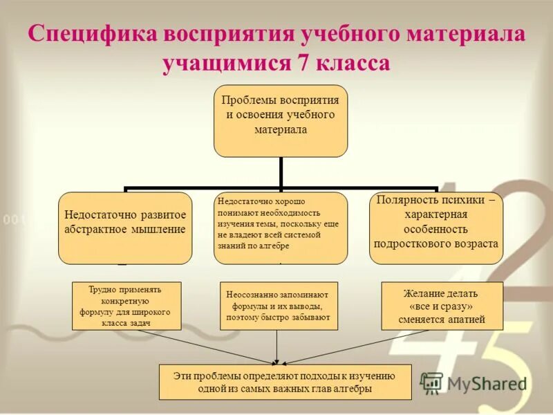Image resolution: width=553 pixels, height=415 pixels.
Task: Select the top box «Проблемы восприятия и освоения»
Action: (281, 121)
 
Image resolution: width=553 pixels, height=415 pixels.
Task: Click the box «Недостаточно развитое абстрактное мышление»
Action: (125, 228)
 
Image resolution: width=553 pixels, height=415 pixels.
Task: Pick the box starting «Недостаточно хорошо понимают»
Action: (280, 228)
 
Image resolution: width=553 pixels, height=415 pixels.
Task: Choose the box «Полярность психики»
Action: (436, 228)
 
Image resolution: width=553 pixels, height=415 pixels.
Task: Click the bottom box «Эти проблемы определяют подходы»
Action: (285, 382)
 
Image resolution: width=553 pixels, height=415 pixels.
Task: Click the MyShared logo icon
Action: (431, 383)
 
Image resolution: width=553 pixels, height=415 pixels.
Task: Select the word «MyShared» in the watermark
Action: (486, 384)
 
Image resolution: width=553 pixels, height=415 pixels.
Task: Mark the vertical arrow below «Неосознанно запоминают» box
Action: (276, 347)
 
